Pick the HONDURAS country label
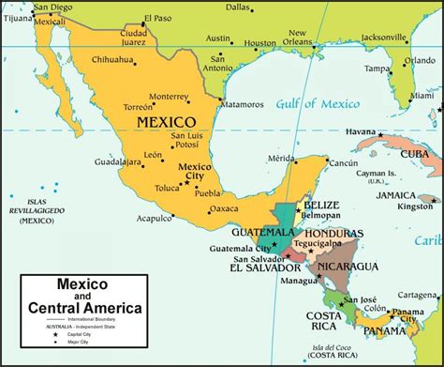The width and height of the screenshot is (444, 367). point(334,234)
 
